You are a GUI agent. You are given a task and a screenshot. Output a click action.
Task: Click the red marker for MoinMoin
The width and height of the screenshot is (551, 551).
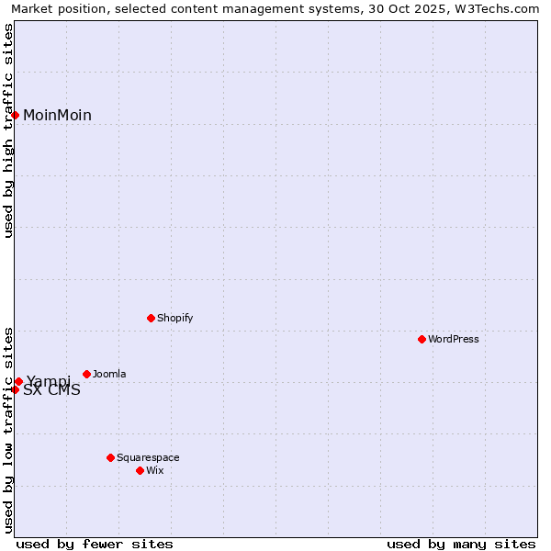coord(15,115)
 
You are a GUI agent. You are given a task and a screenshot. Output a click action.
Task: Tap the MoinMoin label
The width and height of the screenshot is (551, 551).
coord(57,115)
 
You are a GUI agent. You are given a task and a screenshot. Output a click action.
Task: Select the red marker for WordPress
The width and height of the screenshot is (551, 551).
coord(422,339)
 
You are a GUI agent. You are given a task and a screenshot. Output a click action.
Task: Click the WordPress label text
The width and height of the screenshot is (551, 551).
coord(454,339)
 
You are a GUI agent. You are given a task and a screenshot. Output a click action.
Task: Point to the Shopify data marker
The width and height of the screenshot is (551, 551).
coord(151,318)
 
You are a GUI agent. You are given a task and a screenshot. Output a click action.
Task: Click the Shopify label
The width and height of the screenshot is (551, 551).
coord(174,318)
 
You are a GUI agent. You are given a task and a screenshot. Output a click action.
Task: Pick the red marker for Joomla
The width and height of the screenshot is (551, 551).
coord(86,374)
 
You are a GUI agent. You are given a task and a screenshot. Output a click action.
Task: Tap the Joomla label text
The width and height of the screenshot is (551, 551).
coord(109,374)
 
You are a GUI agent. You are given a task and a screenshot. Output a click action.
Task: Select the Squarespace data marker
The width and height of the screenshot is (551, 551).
coord(110,457)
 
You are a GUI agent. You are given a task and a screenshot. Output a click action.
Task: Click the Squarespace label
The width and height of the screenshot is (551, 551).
coord(148,457)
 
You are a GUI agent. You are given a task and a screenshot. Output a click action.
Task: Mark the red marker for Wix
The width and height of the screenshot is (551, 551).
coord(140,470)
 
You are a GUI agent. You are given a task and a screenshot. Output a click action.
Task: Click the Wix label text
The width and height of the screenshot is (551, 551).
coord(155,470)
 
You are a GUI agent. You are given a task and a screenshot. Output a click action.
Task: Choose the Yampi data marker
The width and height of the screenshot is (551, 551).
coord(18,381)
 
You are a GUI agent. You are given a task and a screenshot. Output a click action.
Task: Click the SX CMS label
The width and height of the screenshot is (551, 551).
coord(51,390)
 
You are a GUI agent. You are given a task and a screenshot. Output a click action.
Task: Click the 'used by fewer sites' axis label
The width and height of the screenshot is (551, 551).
coord(95,544)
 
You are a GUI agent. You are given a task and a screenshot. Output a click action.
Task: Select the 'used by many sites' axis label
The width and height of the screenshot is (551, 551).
coord(461,544)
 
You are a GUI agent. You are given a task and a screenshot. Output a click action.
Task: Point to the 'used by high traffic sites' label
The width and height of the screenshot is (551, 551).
coord(8,130)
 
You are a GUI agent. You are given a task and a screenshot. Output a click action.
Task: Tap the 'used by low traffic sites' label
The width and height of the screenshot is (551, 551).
coord(8,429)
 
